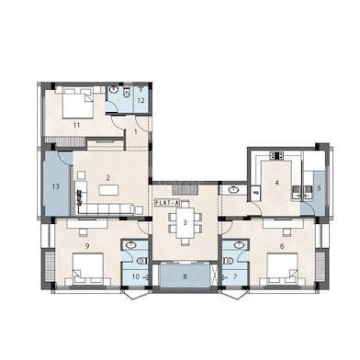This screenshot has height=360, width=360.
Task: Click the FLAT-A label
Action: [168, 202]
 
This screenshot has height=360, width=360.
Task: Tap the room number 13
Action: [55, 186]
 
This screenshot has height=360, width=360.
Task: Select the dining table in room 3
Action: [185, 222]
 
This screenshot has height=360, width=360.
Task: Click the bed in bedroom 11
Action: [78, 103]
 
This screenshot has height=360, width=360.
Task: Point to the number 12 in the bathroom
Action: [141, 100]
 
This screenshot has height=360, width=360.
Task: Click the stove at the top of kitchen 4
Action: [276, 155]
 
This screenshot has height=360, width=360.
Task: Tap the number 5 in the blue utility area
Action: [319, 188]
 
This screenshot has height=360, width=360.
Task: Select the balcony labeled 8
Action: [185, 276]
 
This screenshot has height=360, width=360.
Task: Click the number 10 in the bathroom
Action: [136, 276]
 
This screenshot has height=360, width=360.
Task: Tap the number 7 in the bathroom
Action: [235, 276]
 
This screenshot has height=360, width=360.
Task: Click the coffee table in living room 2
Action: [108, 190]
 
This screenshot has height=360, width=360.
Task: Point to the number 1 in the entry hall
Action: [136, 131]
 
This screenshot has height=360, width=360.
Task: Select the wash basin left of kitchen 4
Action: [234, 190]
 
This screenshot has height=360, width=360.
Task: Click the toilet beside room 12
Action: [126, 93]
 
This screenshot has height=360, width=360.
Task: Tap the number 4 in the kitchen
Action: [277, 183]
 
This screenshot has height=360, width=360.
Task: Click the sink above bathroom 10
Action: [131, 245]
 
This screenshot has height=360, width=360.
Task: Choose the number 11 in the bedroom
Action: [76, 125]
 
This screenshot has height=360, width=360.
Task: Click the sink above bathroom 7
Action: [239, 245]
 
